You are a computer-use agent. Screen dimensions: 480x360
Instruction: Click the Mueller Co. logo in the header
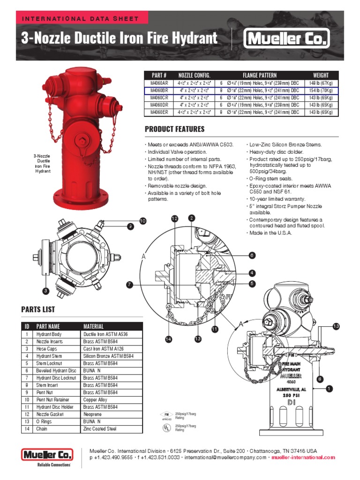click(x=287, y=38)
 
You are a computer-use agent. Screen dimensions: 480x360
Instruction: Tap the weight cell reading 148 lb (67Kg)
click(x=321, y=82)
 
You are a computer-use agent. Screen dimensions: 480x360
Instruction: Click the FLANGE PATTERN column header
click(x=259, y=75)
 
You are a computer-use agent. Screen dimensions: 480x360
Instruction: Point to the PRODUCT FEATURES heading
click(x=174, y=129)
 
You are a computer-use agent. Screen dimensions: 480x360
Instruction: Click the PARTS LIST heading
click(x=38, y=309)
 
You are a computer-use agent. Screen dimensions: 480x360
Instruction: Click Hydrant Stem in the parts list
click(x=49, y=356)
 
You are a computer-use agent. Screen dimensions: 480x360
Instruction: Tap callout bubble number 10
click(x=142, y=220)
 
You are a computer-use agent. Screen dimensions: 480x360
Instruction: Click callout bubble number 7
click(x=130, y=285)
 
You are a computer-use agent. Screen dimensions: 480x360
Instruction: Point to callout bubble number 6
click(x=252, y=255)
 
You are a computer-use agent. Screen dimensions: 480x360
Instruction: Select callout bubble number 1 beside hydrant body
click(x=329, y=388)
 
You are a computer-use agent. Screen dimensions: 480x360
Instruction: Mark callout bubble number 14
click(x=168, y=339)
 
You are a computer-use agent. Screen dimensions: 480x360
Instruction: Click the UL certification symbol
click(x=166, y=427)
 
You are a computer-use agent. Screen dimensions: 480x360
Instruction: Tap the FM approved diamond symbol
click(x=166, y=415)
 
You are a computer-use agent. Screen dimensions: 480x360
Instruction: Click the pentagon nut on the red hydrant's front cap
click(x=83, y=140)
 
